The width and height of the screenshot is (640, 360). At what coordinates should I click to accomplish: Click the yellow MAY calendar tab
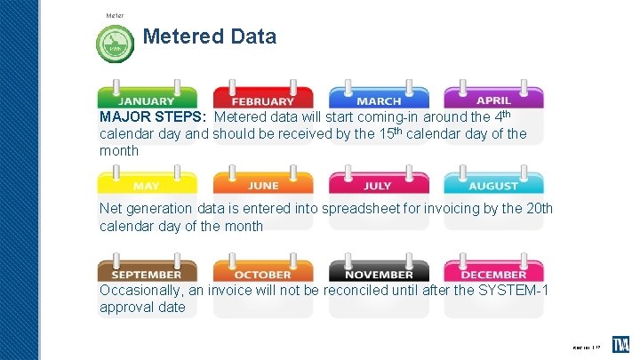(147, 184)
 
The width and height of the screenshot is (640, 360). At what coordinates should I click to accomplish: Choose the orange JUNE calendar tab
(262, 184)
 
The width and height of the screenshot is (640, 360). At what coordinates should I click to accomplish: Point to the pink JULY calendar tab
(379, 184)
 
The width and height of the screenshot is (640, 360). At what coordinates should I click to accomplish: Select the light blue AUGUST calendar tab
(493, 184)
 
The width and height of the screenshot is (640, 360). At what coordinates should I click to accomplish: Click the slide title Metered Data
(209, 37)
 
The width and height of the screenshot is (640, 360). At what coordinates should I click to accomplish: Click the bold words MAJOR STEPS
(153, 117)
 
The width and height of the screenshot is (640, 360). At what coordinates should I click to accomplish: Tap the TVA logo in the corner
(620, 344)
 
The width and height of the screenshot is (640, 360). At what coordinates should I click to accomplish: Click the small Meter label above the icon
(115, 15)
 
